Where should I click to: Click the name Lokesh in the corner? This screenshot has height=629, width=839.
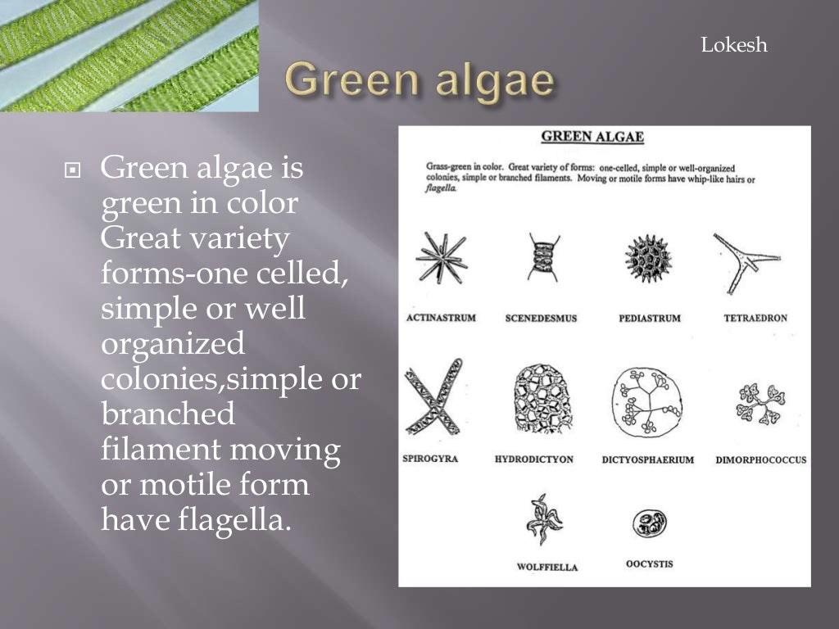point(734,46)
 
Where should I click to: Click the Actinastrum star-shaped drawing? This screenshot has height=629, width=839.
point(441,259)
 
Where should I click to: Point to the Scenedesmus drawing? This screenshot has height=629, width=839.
point(543,257)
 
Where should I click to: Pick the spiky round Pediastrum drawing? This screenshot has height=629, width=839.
point(648,260)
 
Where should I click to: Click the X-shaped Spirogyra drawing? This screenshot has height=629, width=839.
point(433,399)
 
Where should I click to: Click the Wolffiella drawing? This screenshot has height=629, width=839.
point(546,519)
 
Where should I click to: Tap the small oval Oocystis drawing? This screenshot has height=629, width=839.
point(649,523)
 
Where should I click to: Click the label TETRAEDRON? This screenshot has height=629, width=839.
point(755,318)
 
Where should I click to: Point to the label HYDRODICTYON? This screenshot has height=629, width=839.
point(534,459)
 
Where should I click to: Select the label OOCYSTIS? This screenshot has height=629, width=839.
point(649,563)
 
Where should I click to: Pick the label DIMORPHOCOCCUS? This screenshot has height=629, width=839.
point(760,460)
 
